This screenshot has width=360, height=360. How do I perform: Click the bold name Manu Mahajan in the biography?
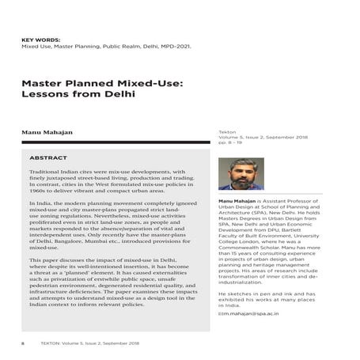(x=237, y=203)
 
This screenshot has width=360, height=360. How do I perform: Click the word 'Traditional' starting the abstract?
(x=47, y=172)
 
